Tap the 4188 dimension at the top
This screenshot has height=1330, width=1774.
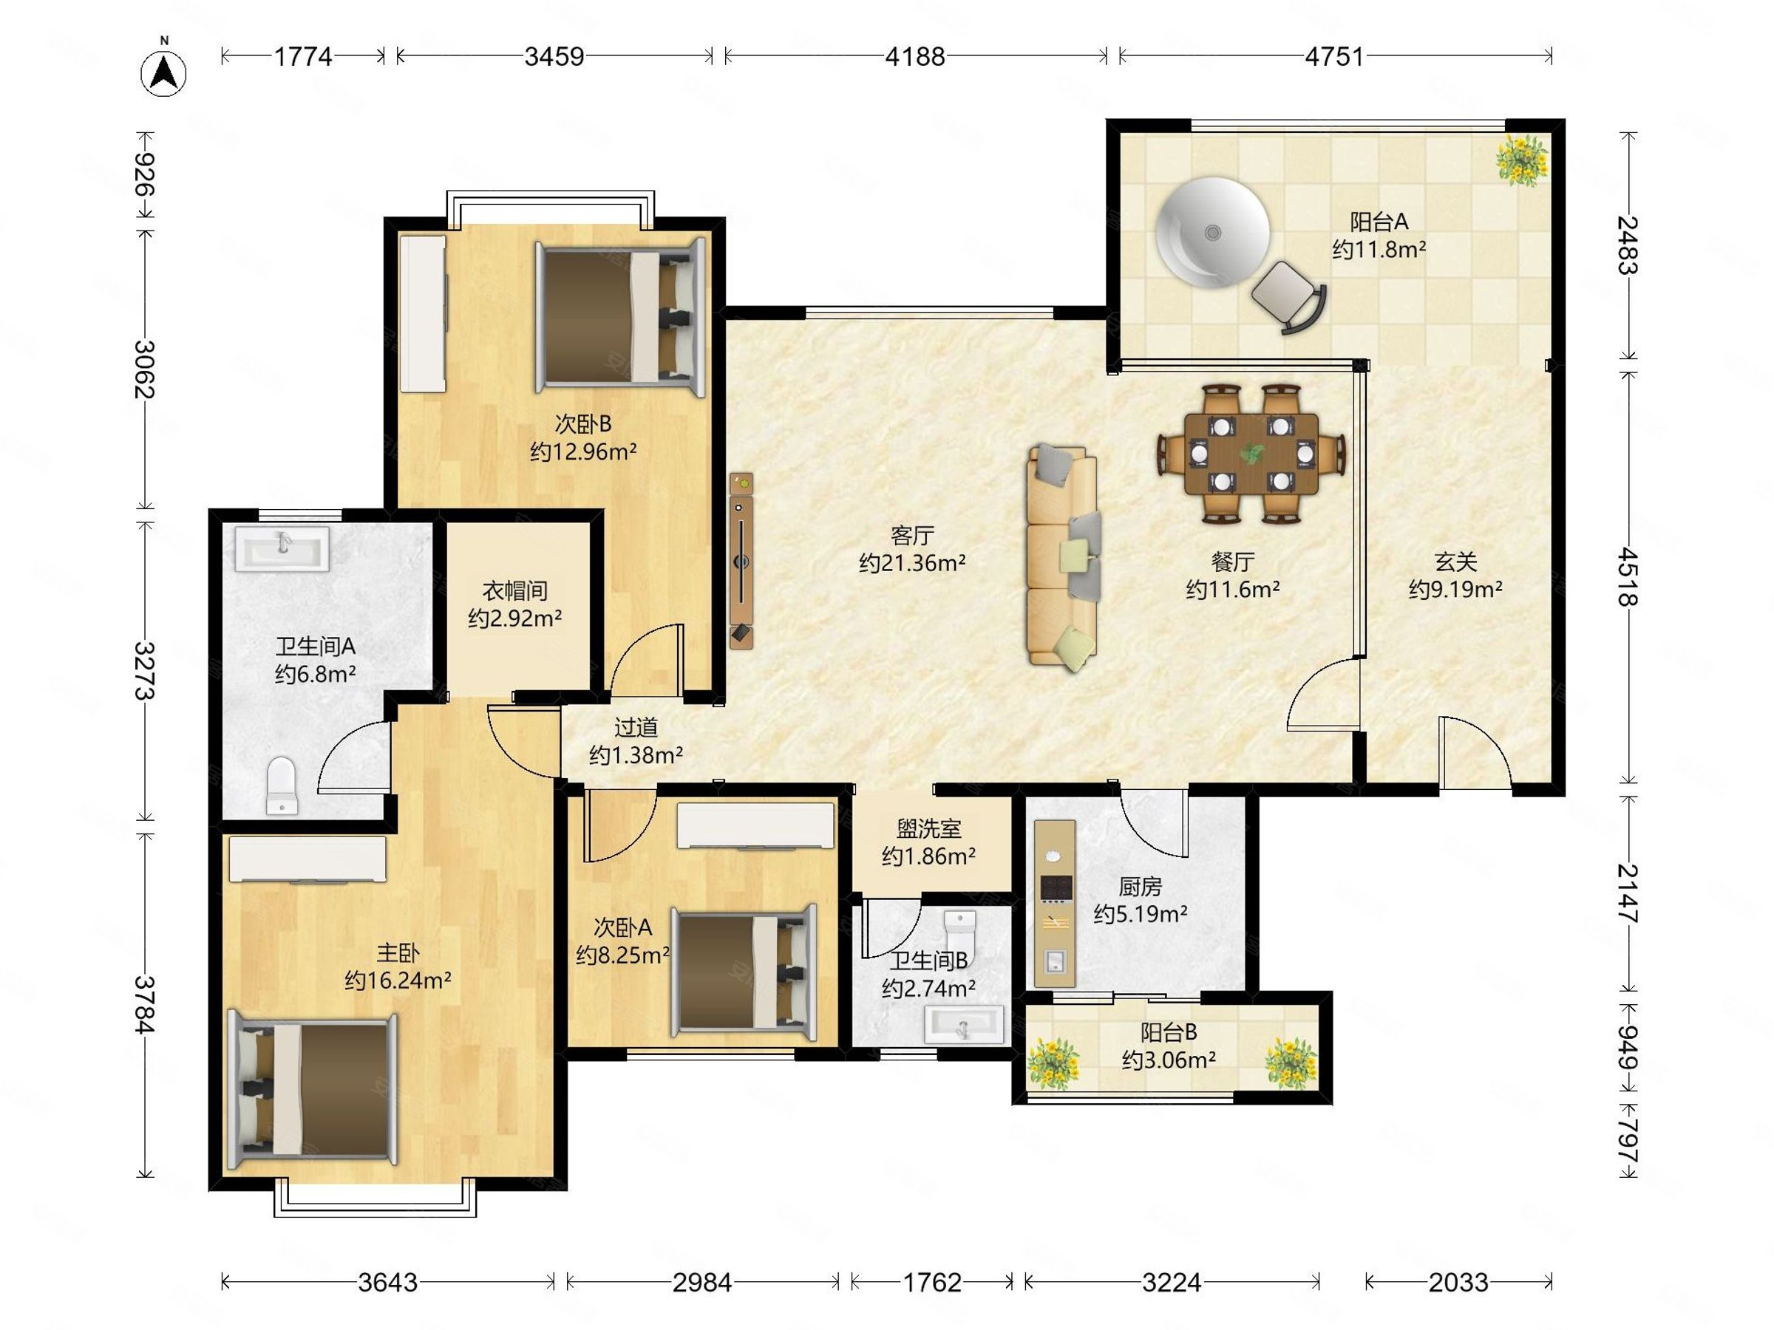915,56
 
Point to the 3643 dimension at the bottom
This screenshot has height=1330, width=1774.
387,1282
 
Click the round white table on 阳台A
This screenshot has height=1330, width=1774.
1214,233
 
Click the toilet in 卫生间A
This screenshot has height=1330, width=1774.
281,785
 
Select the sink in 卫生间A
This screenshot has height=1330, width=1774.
282,548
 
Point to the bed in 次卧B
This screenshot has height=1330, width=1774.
620,318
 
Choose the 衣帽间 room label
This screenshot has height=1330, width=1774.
515,591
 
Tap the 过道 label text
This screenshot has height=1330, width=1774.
636,727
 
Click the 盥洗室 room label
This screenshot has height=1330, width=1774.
928,828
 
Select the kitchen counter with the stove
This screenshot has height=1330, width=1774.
1055,904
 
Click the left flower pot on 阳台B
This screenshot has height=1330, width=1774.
1053,1063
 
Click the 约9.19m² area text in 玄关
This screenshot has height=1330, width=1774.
1455,589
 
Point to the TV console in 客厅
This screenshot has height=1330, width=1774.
742,560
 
